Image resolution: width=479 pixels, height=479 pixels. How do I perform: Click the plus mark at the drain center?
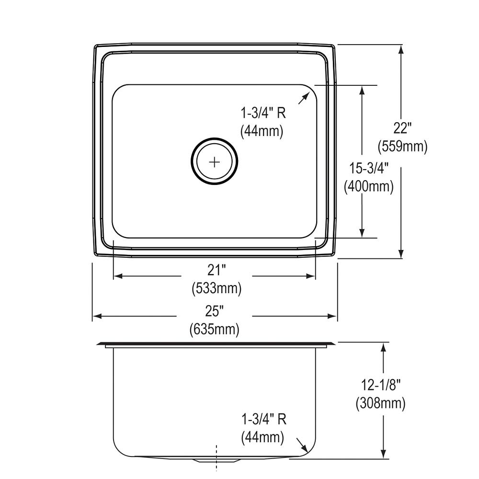(x=215, y=162)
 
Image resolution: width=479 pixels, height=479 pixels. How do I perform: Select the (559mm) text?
(x=402, y=146)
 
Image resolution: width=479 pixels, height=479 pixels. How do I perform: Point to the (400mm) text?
(x=369, y=186)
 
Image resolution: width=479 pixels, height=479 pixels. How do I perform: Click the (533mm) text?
(x=217, y=288)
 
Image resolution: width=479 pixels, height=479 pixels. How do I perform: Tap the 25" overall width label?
(x=214, y=311)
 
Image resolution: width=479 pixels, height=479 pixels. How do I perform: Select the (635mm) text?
(x=214, y=330)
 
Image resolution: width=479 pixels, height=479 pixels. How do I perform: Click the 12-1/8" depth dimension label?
(x=381, y=385)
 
